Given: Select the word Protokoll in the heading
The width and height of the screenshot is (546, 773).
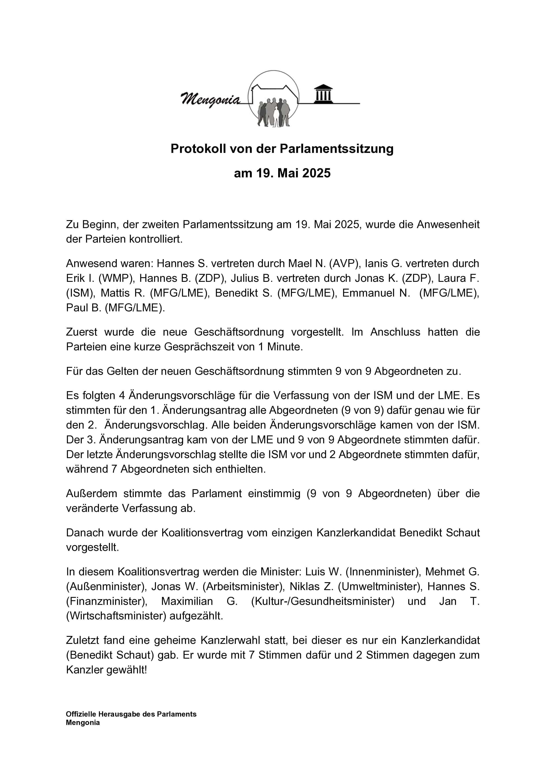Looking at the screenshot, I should point(198,149).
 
